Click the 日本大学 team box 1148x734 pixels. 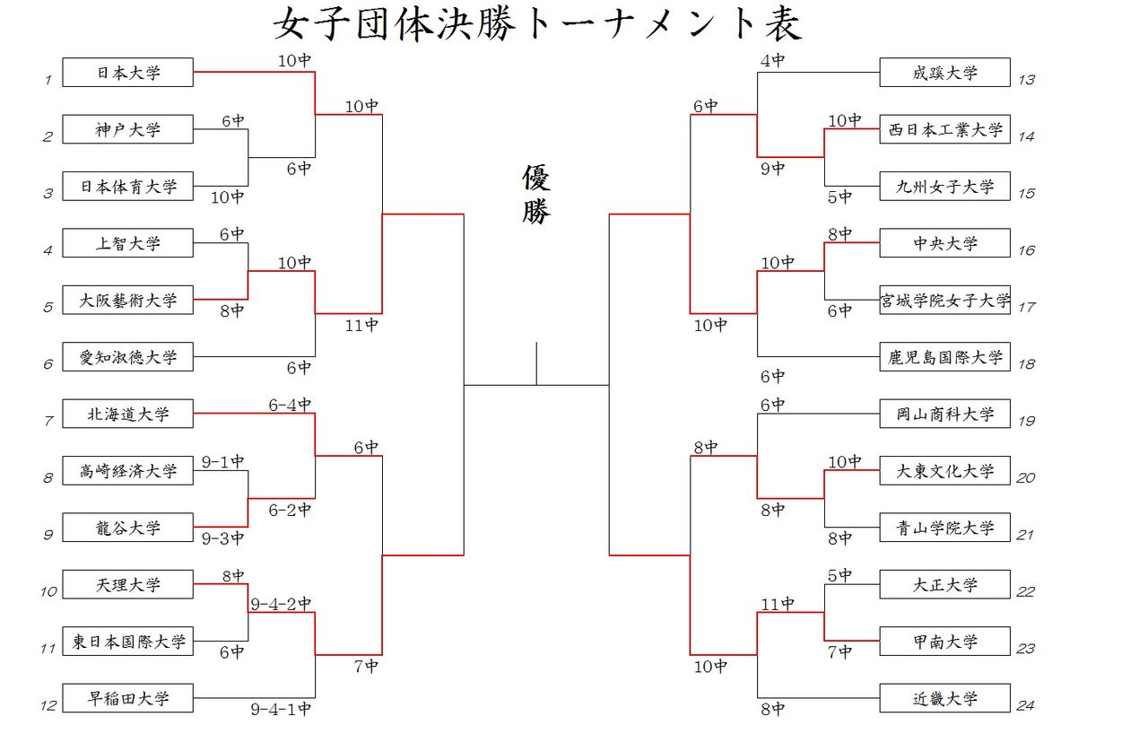127,73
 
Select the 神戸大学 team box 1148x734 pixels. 127,129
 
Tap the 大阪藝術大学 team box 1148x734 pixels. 127,300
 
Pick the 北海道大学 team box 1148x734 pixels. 127,414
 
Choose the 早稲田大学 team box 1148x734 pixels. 127,698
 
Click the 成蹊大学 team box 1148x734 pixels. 944,73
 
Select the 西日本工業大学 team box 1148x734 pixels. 944,129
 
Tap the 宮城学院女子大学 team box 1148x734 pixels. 944,300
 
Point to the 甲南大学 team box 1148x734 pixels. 944,642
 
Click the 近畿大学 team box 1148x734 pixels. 944,698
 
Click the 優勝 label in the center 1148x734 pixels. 535,195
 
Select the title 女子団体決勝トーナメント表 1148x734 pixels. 537,25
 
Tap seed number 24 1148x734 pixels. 1026,705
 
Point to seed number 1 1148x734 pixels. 48,80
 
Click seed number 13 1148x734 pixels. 1026,80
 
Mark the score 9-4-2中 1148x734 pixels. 281,603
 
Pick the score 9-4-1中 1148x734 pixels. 281,709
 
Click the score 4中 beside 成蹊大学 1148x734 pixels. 772,61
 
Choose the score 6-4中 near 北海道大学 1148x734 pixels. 290,405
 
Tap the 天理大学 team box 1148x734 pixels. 127,584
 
